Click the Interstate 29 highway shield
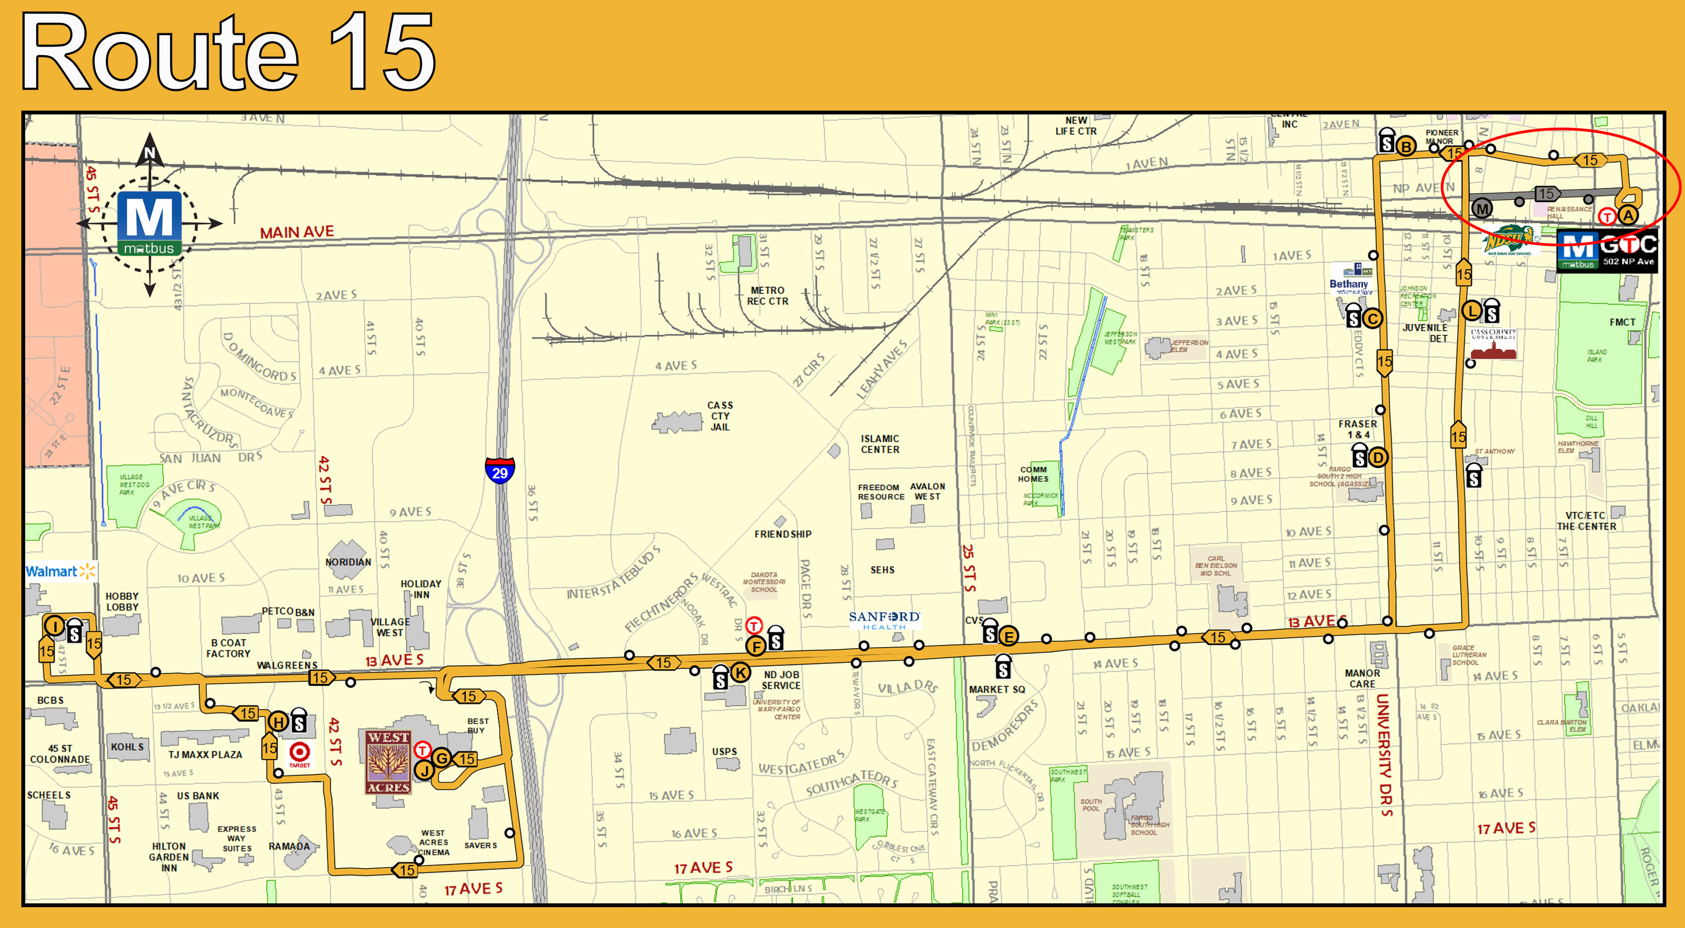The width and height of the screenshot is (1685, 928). click(500, 470)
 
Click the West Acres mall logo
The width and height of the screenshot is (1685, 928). click(388, 762)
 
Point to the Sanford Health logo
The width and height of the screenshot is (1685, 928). click(884, 619)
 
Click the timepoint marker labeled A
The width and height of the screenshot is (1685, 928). click(1627, 215)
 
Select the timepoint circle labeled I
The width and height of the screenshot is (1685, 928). click(54, 626)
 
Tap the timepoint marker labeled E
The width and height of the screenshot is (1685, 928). click(1008, 635)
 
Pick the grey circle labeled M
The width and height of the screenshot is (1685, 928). click(1482, 209)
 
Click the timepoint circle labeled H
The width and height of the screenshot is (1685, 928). click(278, 722)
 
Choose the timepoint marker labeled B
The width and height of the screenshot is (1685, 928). click(1406, 147)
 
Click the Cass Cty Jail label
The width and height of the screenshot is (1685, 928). click(720, 416)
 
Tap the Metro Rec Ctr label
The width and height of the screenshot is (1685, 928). click(767, 296)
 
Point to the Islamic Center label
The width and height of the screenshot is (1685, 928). click(880, 444)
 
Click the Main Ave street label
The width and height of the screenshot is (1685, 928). click(296, 232)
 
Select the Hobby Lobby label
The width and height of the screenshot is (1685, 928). click(122, 602)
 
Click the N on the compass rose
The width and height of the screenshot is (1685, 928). click(150, 153)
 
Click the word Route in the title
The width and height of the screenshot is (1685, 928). click(161, 53)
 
